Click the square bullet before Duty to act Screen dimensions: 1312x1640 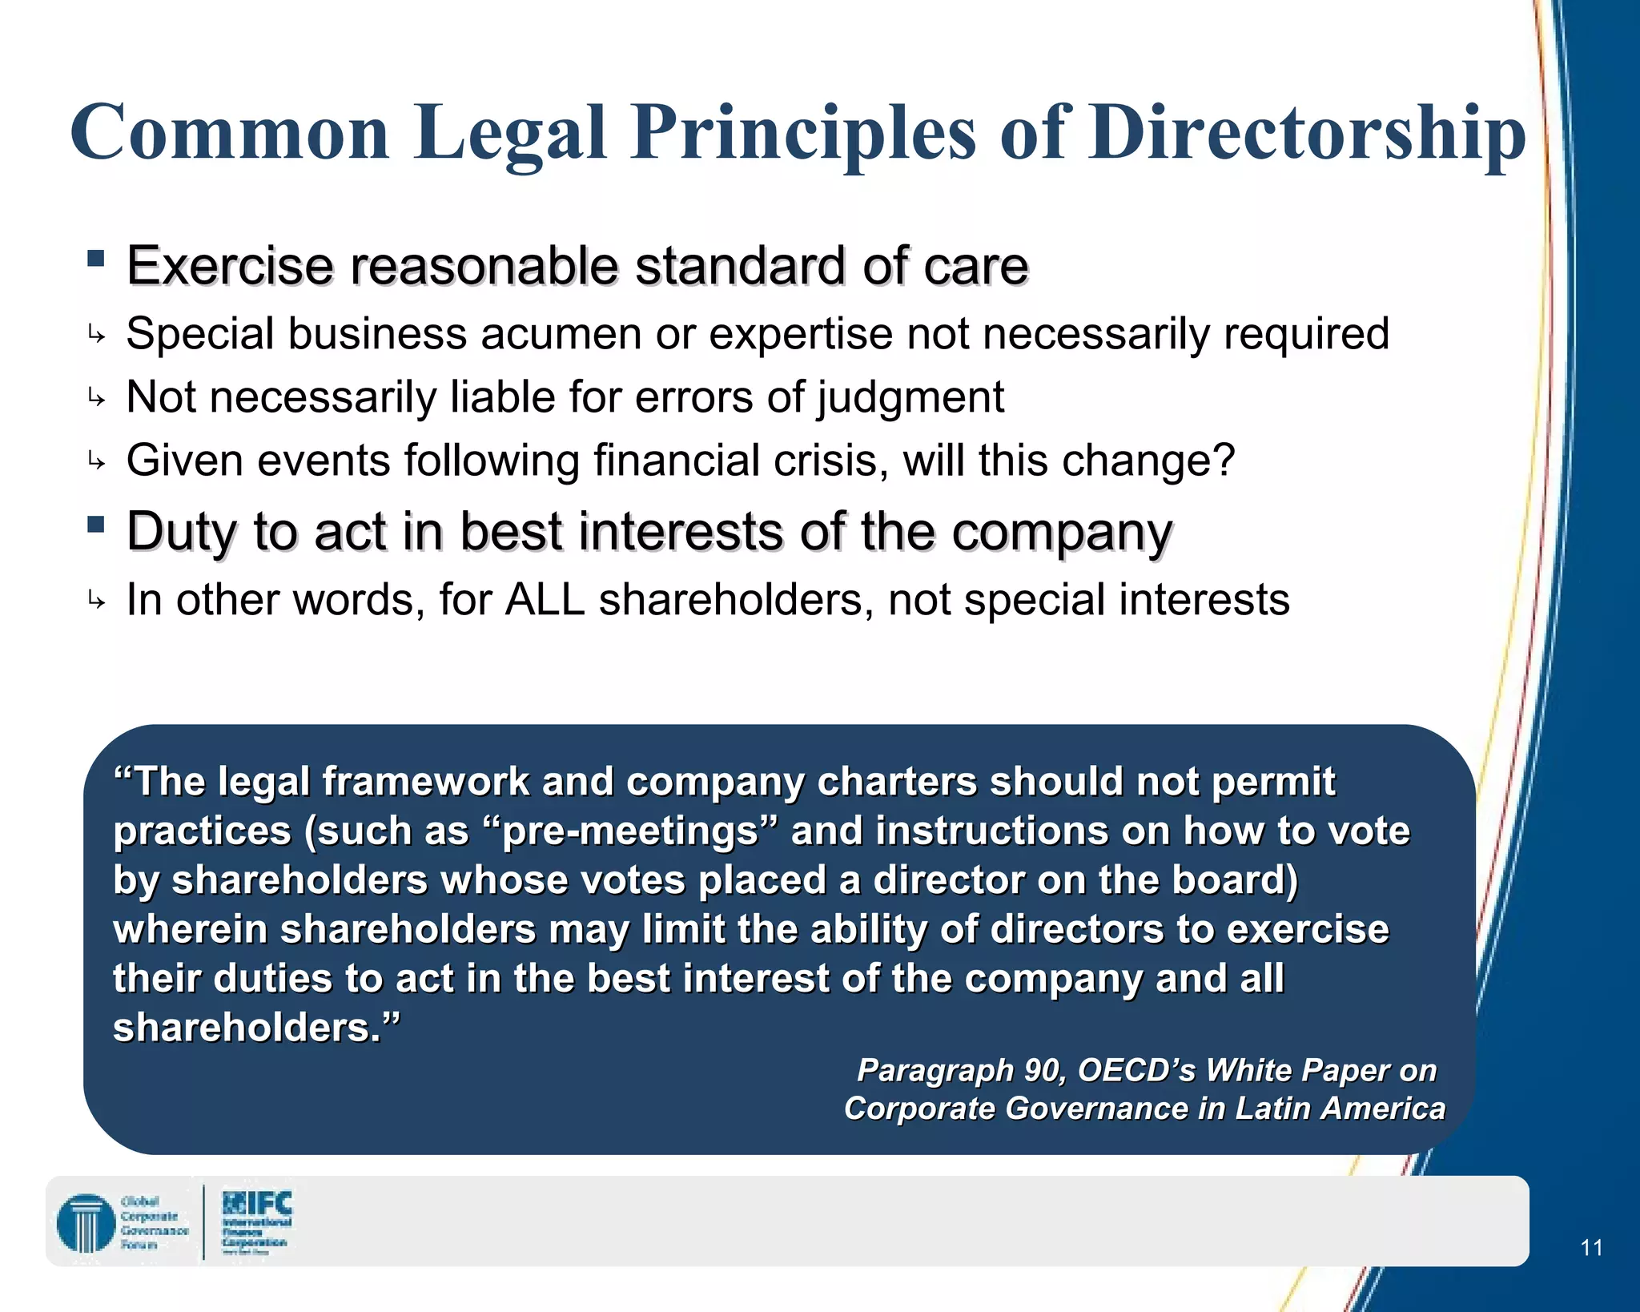[x=96, y=524]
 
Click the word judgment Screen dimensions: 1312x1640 [x=910, y=398]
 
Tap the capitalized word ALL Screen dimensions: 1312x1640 [x=545, y=600]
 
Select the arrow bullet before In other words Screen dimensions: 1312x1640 [x=96, y=600]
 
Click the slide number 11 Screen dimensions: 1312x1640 [x=1591, y=1247]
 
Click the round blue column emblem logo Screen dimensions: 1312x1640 [x=86, y=1223]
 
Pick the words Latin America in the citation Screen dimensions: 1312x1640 [x=1341, y=1109]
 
